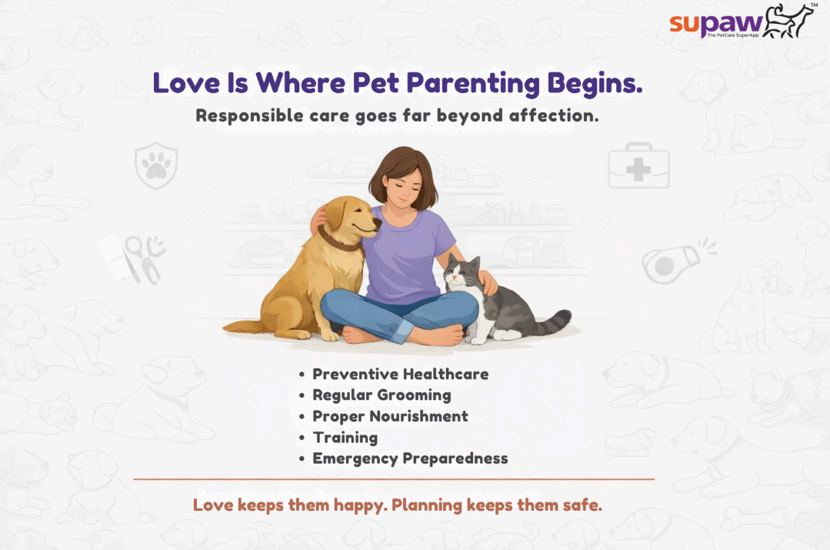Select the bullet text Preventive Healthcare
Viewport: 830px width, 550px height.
pyautogui.click(x=400, y=375)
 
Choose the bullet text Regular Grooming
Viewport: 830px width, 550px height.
pyautogui.click(x=382, y=395)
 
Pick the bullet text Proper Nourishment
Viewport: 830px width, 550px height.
pyautogui.click(x=390, y=416)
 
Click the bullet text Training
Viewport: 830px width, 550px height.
pyautogui.click(x=345, y=438)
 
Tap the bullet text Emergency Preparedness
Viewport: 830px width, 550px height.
pyautogui.click(x=410, y=458)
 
